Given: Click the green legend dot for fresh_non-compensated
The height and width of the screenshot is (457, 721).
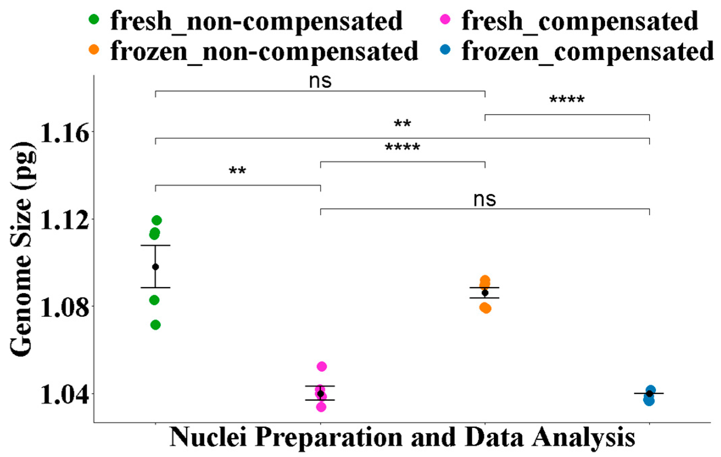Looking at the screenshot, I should (94, 19).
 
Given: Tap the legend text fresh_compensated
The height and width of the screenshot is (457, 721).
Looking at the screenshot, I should (580, 21).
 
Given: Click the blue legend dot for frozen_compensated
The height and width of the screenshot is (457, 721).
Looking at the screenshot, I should (445, 50).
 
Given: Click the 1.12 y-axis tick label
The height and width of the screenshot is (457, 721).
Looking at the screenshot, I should (64, 220).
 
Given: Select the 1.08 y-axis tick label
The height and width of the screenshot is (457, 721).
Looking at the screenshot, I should (64, 307).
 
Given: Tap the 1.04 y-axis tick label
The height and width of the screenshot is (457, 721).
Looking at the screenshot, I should (64, 394).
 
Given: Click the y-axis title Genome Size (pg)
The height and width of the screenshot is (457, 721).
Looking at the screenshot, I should (22, 249).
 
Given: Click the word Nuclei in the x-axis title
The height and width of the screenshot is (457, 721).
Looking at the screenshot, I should (208, 437).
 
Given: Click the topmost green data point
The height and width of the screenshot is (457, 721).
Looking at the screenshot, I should (157, 221).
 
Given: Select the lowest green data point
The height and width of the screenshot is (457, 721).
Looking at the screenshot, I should (155, 325).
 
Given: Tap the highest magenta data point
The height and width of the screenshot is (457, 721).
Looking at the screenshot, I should (321, 366).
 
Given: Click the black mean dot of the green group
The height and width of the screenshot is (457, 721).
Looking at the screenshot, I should (155, 267).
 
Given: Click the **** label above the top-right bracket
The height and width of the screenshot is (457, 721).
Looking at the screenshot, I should (567, 100).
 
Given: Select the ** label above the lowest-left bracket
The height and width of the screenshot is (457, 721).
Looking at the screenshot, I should (237, 171).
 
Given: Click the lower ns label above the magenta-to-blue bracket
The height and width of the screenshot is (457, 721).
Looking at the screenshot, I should (484, 200).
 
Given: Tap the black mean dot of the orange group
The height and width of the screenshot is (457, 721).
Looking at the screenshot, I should (485, 293).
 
